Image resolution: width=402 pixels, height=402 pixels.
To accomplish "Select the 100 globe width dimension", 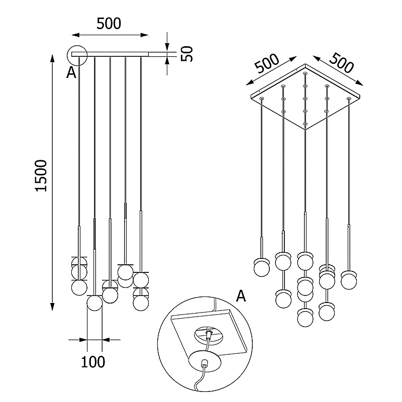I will point(94,361).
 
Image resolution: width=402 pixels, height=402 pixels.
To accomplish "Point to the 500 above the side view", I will point(109,24).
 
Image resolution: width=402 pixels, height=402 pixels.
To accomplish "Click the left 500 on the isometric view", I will point(266,64).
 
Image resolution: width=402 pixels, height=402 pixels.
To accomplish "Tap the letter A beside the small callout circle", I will point(71,73).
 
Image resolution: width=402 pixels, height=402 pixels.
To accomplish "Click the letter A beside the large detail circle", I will point(241,296).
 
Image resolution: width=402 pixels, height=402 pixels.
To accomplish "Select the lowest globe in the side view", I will point(94,304).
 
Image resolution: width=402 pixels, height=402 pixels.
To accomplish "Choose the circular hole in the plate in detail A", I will point(207,334).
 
